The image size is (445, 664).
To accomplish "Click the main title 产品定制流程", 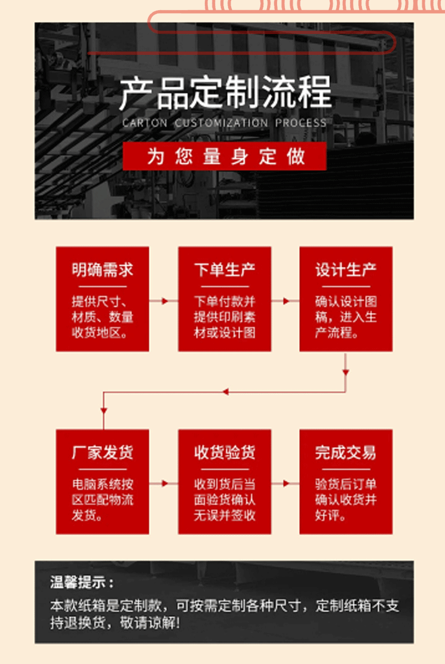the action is pos(225,93).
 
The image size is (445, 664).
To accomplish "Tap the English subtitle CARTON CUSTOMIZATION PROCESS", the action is pos(225,123).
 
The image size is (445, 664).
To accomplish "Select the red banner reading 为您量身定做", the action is pos(225,156).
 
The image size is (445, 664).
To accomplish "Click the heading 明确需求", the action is pos(102,270).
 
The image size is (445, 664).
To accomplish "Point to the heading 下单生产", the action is pos(225,270).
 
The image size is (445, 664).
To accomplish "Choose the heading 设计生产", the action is pos(346,270).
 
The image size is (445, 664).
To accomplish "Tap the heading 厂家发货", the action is pos(102,453).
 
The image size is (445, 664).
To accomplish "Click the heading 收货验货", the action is pos(225,453).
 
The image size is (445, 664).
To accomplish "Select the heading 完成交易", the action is pos(346,453).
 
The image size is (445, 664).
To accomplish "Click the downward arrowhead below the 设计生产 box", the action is pos(346,373).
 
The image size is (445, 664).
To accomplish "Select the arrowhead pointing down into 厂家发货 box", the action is pos(103,411).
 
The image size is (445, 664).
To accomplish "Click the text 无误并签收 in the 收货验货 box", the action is pos(225,515).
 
